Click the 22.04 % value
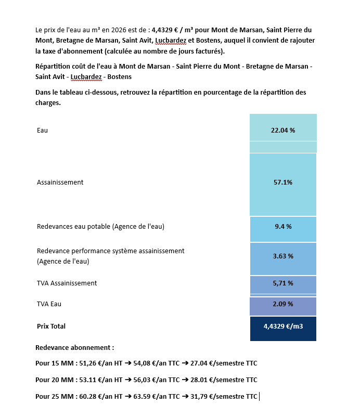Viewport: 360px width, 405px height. pyautogui.click(x=283, y=130)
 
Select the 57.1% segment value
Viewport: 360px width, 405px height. pyautogui.click(x=283, y=182)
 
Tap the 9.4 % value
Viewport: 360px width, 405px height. pyautogui.click(x=283, y=227)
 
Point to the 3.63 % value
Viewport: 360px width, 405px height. pyautogui.click(x=283, y=256)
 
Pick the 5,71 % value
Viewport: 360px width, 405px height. pyautogui.click(x=283, y=283)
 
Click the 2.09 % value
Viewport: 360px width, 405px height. pyautogui.click(x=283, y=304)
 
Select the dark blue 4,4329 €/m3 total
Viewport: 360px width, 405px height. pyautogui.click(x=283, y=326)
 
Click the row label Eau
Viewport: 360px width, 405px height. pyautogui.click(x=42, y=130)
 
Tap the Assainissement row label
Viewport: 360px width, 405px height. pyautogui.click(x=60, y=182)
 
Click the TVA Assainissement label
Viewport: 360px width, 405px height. pyautogui.click(x=67, y=283)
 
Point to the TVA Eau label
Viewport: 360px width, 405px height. pyautogui.click(x=49, y=304)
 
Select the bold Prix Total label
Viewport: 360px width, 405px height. pyautogui.click(x=51, y=326)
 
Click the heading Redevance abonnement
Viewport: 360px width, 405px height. pyautogui.click(x=74, y=347)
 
